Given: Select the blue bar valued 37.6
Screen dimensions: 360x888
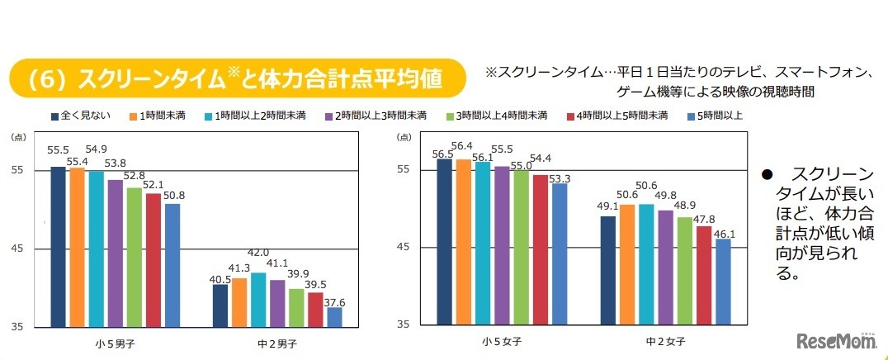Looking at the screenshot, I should click(x=334, y=317).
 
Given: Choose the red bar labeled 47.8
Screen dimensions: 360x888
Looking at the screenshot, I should click(x=704, y=276).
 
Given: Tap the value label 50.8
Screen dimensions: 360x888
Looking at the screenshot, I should click(x=172, y=195).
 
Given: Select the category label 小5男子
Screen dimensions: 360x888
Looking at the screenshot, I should click(x=115, y=342).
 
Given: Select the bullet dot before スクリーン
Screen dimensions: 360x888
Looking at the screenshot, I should click(x=765, y=176).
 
